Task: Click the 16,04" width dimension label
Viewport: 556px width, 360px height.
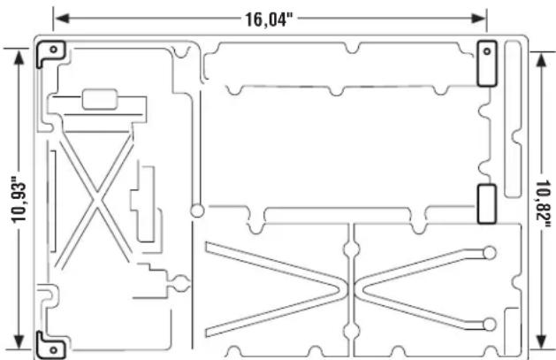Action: [270, 19]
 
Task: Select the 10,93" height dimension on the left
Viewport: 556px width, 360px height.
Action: [19, 203]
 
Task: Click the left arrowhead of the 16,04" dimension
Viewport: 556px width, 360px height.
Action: [62, 19]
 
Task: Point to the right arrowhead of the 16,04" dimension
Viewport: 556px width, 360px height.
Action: [478, 19]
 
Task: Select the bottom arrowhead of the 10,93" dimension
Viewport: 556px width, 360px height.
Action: [19, 341]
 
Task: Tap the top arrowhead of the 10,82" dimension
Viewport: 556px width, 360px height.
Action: [541, 60]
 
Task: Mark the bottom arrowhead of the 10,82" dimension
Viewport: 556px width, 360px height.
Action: [541, 341]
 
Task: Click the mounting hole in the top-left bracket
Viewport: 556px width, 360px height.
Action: [54, 50]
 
